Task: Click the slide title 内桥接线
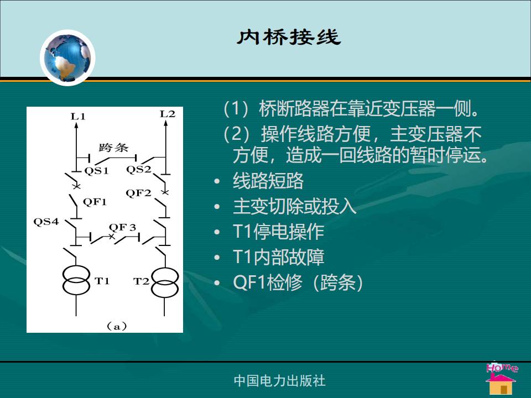click(289, 37)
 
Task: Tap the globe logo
click(67, 57)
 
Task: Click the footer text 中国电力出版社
click(280, 381)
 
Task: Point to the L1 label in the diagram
click(78, 117)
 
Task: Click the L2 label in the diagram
click(167, 114)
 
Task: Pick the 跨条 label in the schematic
click(113, 148)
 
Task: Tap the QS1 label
click(96, 171)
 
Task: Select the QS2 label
click(138, 169)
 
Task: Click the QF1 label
click(95, 202)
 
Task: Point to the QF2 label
click(138, 193)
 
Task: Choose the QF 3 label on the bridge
click(122, 227)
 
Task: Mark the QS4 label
click(46, 222)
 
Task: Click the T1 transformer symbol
click(76, 281)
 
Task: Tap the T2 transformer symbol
click(165, 282)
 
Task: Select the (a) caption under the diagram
click(117, 326)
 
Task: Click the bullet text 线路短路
click(268, 181)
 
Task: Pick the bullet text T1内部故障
click(278, 257)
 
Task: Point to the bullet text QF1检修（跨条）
click(298, 282)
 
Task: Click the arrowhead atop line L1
click(76, 125)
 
